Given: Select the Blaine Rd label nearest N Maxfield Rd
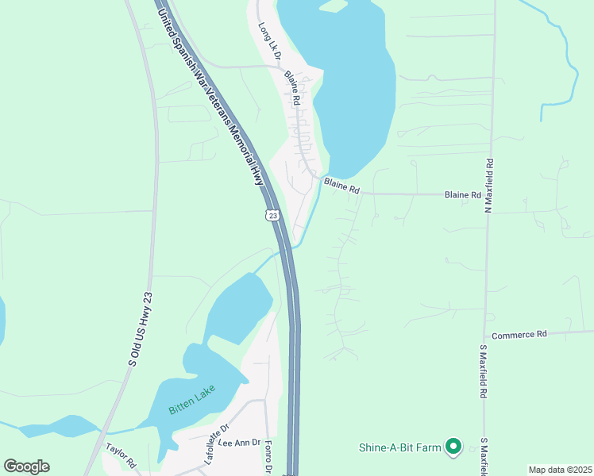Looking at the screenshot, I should [x=463, y=194].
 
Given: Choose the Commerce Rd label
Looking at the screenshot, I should [x=519, y=335].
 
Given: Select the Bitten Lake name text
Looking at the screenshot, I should [x=187, y=409].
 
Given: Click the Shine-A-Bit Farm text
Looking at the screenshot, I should [x=398, y=447].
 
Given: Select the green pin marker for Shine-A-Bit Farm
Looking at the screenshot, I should [x=453, y=447].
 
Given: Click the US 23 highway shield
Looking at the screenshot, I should [x=272, y=215].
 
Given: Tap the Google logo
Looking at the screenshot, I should [x=26, y=466].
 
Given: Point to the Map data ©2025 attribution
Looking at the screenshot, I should [x=559, y=470].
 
